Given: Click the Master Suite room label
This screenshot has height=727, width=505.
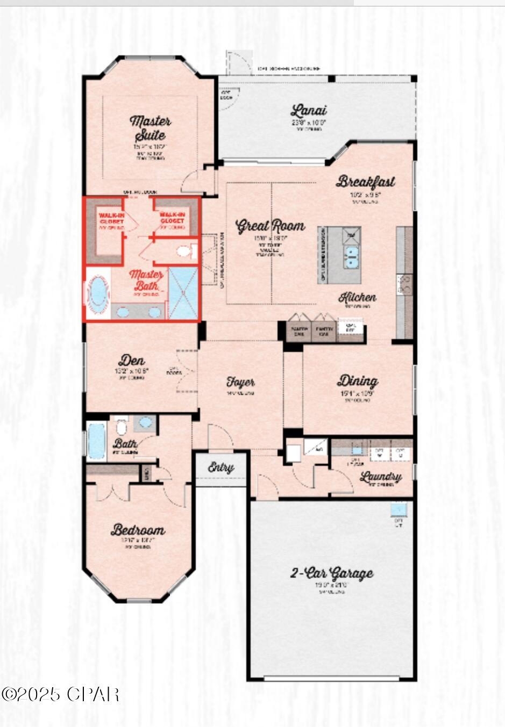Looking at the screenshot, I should [x=150, y=128].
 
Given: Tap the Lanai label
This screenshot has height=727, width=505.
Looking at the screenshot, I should [x=309, y=111].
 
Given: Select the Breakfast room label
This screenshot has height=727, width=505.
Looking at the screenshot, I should [x=366, y=182].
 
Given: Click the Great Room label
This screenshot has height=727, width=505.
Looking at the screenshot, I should [x=270, y=226].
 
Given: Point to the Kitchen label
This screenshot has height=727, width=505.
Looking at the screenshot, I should [x=357, y=297].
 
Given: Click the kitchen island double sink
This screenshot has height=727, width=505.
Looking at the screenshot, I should [x=352, y=257].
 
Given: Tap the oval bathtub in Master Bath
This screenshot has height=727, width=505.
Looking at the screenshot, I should [x=98, y=294].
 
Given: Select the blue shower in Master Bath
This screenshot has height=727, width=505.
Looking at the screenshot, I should [x=183, y=293].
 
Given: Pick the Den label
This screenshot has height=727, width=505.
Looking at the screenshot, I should [x=132, y=360].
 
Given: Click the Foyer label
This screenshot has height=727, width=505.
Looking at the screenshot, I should [x=240, y=382].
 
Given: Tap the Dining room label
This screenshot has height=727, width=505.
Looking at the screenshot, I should [x=357, y=381].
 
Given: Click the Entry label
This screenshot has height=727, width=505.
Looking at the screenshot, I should [x=221, y=467].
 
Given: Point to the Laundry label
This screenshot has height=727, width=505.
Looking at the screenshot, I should [x=381, y=477].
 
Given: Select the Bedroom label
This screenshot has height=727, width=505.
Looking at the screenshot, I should [x=138, y=530].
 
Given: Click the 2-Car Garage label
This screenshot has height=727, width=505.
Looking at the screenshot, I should [x=331, y=573].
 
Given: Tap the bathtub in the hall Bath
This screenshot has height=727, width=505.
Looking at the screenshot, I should [x=97, y=441].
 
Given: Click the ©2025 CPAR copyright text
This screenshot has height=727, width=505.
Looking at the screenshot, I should [x=60, y=694].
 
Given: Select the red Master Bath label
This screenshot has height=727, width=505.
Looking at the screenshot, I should [x=146, y=279].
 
